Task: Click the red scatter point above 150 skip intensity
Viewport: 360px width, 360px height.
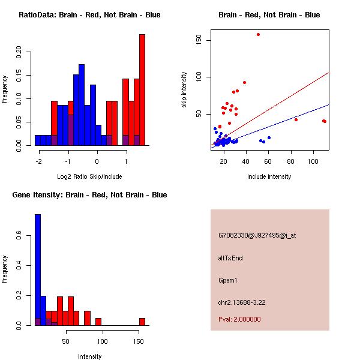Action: [x=258, y=35]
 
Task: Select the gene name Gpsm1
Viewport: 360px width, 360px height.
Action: [x=229, y=280]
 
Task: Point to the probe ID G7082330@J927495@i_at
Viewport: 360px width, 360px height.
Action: [x=257, y=235]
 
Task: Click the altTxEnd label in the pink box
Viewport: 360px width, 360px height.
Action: [x=230, y=258]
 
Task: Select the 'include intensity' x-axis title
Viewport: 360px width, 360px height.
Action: [x=269, y=176]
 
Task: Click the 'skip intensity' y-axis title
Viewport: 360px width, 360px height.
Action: [x=184, y=90]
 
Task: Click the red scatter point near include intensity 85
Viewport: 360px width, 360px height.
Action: [x=296, y=119]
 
